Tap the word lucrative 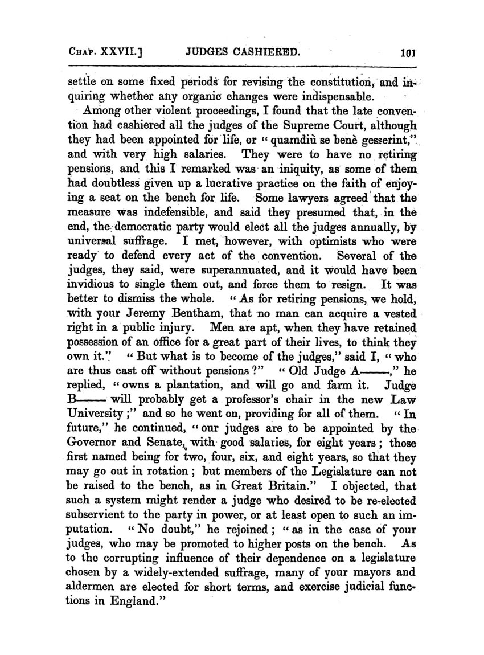(x=241, y=185)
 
